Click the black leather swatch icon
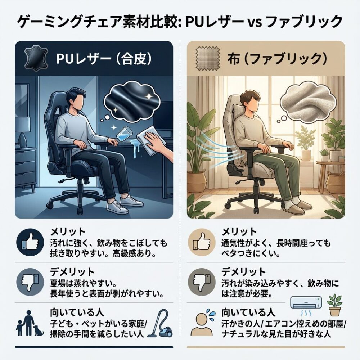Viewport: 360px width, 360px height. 36,58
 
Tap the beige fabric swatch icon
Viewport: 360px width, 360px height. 208,58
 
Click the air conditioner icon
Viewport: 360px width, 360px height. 306,303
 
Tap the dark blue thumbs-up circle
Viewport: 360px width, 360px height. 30,242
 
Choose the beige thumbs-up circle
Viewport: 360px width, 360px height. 202,242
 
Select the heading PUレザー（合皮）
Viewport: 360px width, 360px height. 104,59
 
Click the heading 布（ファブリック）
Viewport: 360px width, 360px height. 277,59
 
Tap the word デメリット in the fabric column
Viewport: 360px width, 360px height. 244,272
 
